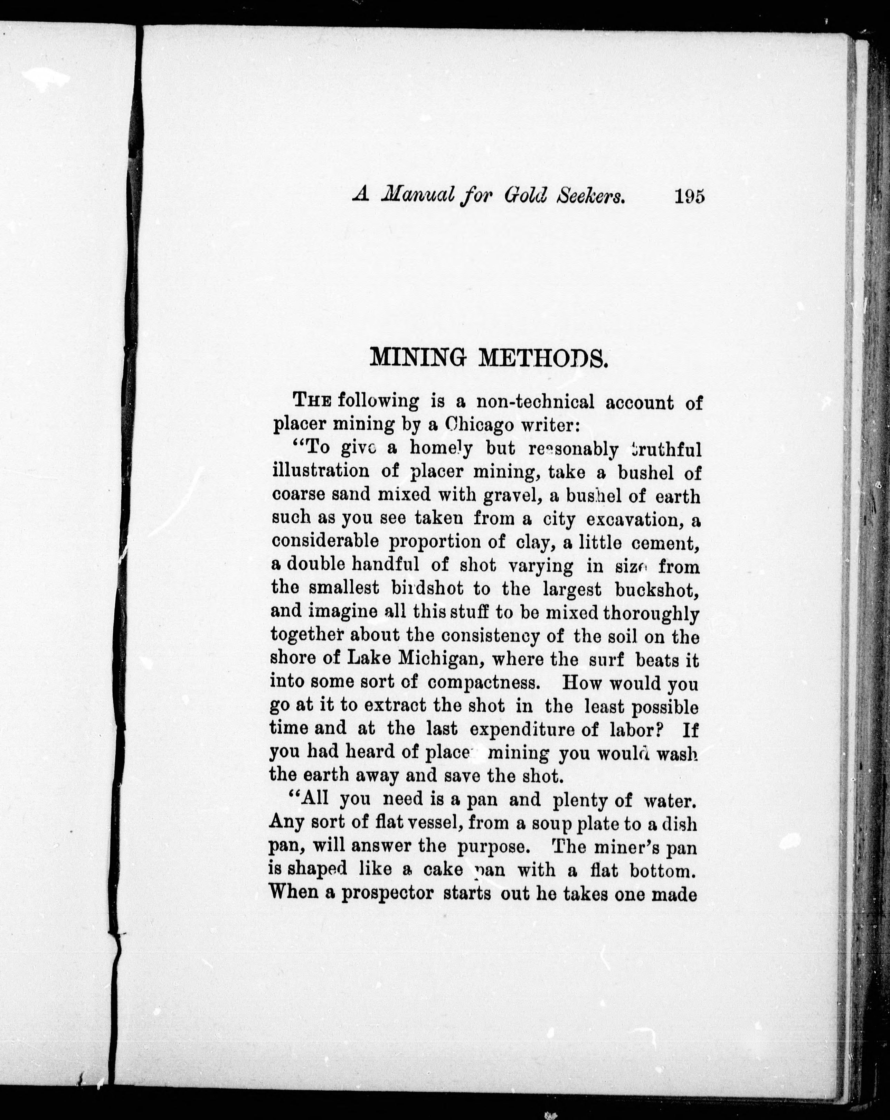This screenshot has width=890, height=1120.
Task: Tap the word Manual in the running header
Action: click(x=418, y=196)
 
